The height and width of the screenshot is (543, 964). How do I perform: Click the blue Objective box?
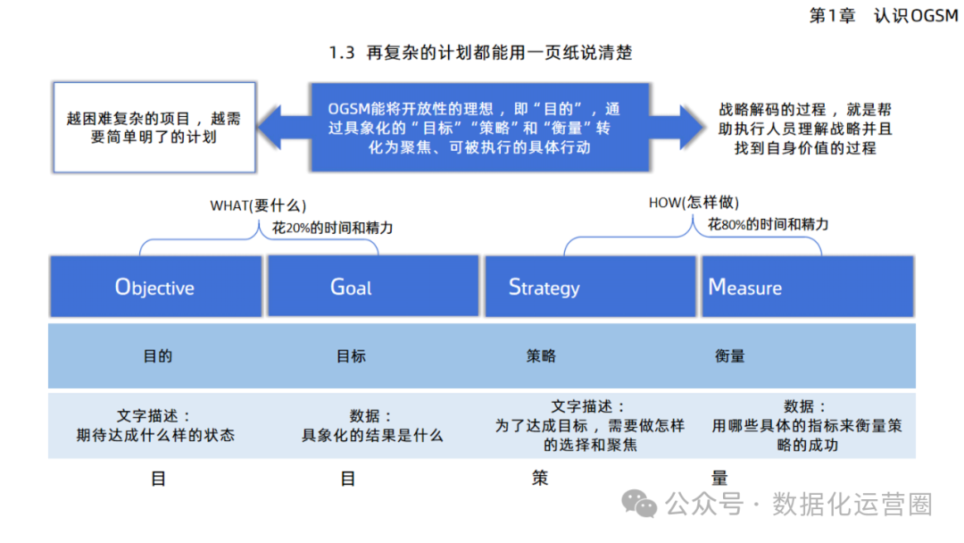pyautogui.click(x=155, y=287)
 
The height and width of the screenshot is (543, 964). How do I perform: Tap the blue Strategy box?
pyautogui.click(x=590, y=287)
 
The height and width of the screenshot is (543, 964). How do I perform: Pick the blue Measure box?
pyautogui.click(x=807, y=287)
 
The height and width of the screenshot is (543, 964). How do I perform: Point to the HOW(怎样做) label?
pyautogui.click(x=694, y=203)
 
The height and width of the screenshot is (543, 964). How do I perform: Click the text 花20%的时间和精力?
pyautogui.click(x=333, y=228)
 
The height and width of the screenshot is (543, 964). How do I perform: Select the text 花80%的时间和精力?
pyautogui.click(x=769, y=224)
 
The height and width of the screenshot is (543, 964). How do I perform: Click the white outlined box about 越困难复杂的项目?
pyautogui.click(x=154, y=128)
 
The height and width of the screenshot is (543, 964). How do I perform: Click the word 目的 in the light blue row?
pyautogui.click(x=157, y=355)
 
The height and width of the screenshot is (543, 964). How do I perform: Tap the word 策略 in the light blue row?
pyautogui.click(x=541, y=355)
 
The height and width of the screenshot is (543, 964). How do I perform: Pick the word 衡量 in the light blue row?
pyautogui.click(x=729, y=355)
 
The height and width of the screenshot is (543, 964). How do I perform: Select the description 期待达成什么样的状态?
pyautogui.click(x=155, y=436)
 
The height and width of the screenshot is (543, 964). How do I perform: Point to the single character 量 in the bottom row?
pyautogui.click(x=719, y=479)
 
